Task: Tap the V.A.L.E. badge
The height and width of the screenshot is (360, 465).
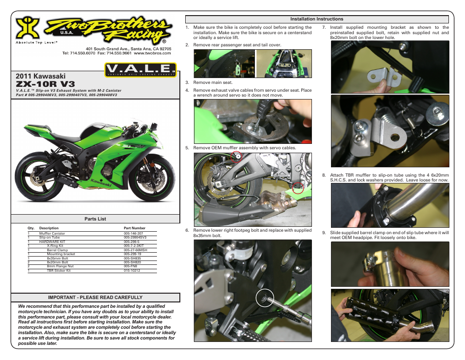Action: pyautogui.click(x=140, y=70)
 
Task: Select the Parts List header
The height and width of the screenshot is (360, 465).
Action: pyautogui.click(x=95, y=219)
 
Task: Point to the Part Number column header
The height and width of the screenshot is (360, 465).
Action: pyautogui.click(x=135, y=228)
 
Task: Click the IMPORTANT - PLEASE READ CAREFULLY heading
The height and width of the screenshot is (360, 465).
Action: pyautogui.click(x=95, y=297)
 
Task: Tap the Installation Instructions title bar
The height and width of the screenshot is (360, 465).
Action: pyautogui.click(x=317, y=19)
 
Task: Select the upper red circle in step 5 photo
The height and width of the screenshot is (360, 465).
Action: pyautogui.click(x=236, y=156)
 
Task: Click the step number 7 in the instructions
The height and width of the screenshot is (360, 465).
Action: pyautogui.click(x=324, y=27)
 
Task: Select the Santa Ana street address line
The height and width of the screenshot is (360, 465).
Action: pyautogui.click(x=128, y=49)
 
